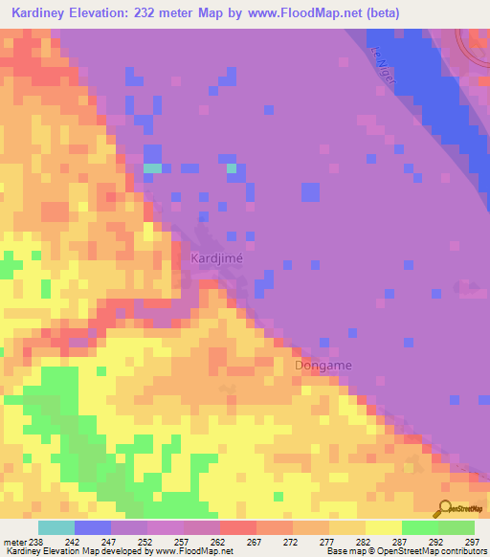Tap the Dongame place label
[x=323, y=365]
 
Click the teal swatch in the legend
[x=56, y=527]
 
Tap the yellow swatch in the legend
[x=383, y=527]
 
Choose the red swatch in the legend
[x=237, y=527]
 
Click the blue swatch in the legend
[x=92, y=527]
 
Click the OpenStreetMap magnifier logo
[x=446, y=508]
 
